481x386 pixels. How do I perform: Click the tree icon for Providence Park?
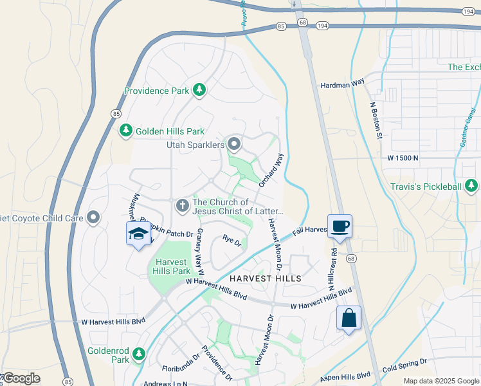pos(199,91)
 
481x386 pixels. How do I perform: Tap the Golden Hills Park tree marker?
pos(125,131)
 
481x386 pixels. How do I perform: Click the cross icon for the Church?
pos(182,206)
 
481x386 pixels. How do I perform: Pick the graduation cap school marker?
pos(138,234)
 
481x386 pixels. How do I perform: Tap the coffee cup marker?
pos(340,226)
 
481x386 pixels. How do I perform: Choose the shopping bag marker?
pos(349,318)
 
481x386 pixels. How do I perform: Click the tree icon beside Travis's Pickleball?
pos(471,187)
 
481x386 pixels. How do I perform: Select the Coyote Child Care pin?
pos(94,217)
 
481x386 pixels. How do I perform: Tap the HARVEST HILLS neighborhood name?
pos(266,279)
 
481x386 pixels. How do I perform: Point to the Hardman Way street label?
pos(342,84)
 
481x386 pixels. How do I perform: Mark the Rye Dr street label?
pos(231,242)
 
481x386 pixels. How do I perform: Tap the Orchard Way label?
pos(271,170)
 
